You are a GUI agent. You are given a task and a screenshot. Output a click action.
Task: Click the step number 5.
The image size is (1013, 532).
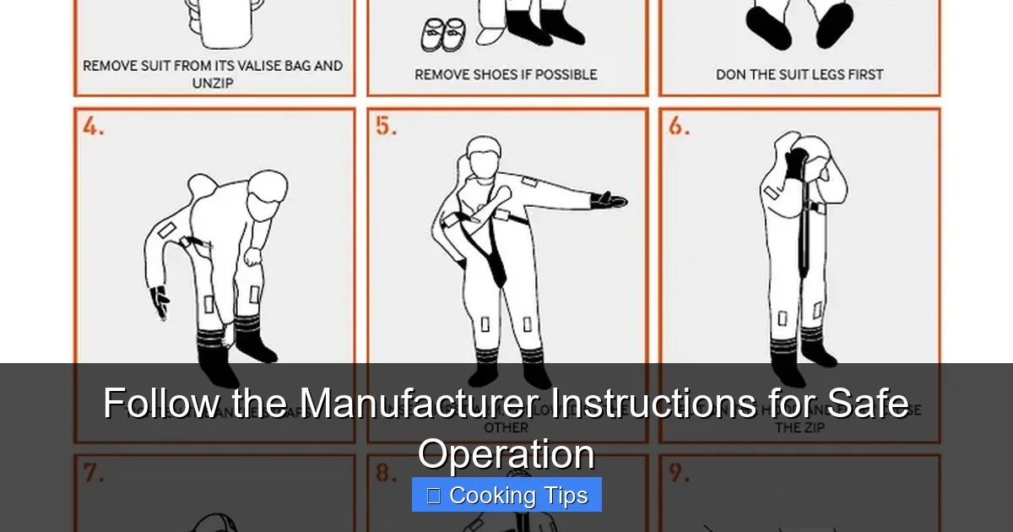point(386,127)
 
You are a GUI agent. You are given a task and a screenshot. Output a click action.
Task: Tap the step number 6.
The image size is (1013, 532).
point(679,128)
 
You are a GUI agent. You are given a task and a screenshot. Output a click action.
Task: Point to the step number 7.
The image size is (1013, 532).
point(94,472)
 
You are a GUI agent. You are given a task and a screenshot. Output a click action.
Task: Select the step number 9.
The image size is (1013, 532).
point(680,472)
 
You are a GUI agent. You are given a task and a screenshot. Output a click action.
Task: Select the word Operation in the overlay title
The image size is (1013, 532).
point(506,453)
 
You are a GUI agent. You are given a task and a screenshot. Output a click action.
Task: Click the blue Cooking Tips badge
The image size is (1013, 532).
point(506,495)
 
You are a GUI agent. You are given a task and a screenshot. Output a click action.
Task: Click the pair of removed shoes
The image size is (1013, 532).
point(443,35)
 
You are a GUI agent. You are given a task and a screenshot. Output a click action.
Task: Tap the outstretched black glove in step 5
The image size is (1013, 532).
point(609,200)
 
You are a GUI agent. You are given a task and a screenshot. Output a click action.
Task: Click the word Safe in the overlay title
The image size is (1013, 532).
point(869,403)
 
